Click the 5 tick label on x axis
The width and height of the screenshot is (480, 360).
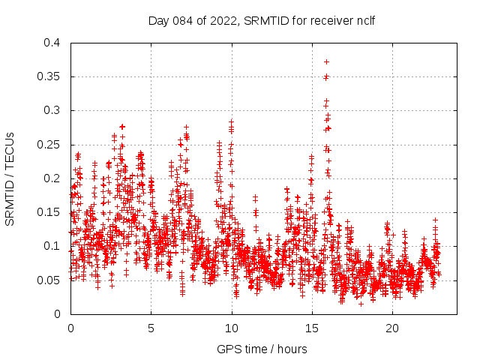coord(151,328)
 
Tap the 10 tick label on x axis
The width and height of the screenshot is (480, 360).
coord(232,328)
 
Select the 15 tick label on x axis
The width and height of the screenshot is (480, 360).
coord(312,328)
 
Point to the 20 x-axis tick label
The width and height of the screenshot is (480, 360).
coord(392,328)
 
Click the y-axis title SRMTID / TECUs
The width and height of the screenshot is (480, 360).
coord(10,178)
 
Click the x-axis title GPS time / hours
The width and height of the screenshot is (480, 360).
coord(262,349)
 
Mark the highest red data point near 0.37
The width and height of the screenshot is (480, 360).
coord(326,61)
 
